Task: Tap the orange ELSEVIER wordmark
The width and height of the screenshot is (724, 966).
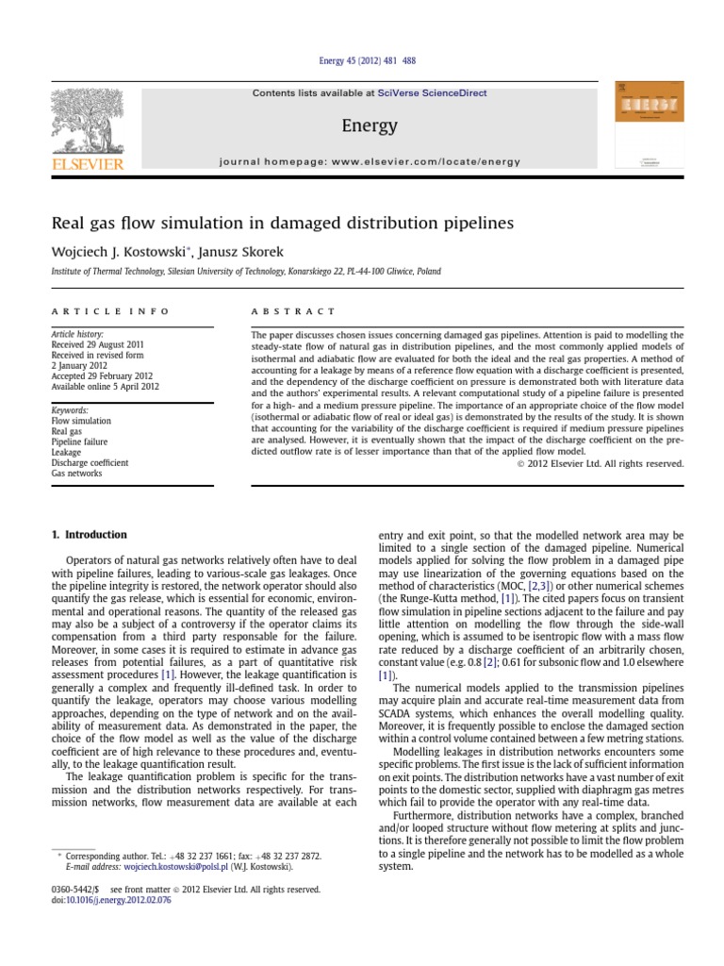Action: pyautogui.click(x=88, y=165)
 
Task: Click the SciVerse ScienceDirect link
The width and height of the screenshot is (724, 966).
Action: pyautogui.click(x=421, y=92)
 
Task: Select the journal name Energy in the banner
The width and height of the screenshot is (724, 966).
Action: pyautogui.click(x=370, y=125)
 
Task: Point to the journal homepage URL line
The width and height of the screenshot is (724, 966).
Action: pyautogui.click(x=370, y=161)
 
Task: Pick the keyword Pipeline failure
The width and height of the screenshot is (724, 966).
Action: pyautogui.click(x=79, y=441)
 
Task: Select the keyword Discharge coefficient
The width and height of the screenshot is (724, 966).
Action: pyautogui.click(x=90, y=463)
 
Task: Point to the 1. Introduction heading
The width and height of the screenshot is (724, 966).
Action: pyautogui.click(x=88, y=535)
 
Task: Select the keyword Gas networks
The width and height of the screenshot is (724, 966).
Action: pyautogui.click(x=77, y=474)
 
